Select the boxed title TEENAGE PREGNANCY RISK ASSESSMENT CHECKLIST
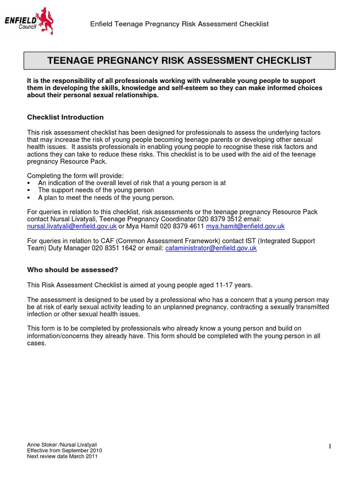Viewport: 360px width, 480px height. coord(180,60)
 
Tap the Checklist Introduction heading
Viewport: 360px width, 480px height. coord(65,117)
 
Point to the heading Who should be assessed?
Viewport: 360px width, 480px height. coord(72,270)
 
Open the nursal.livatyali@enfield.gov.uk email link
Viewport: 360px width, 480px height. coord(72,226)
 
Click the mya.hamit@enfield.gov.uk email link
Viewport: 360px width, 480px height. coord(245,226)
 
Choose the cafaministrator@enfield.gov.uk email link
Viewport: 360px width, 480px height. coord(211,248)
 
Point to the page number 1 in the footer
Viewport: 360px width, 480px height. coord(330,446)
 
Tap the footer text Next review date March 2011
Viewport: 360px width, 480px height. coord(62,457)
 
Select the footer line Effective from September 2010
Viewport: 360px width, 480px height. coord(64,450)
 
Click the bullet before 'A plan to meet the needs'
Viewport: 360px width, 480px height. coord(29,198)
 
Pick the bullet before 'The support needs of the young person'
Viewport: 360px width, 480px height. coord(29,190)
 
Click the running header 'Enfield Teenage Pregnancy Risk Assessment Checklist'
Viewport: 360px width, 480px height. coord(180,24)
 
